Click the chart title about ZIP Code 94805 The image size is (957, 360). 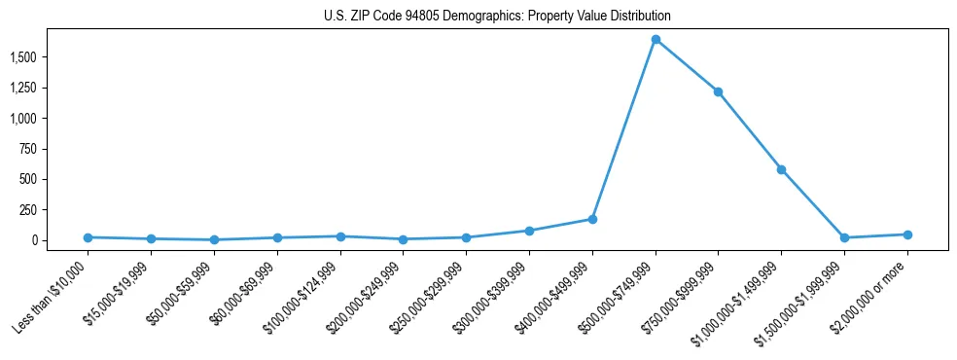497,17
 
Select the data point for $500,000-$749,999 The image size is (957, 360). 656,40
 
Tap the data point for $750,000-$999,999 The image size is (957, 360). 718,91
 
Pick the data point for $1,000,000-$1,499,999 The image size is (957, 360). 781,169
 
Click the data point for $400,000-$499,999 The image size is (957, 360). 592,219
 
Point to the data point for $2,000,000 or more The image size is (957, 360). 907,234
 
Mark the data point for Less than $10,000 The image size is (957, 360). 88,237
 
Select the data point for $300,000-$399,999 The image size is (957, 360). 529,231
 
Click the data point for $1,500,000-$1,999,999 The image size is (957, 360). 844,237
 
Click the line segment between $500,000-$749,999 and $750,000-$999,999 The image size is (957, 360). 687,65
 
